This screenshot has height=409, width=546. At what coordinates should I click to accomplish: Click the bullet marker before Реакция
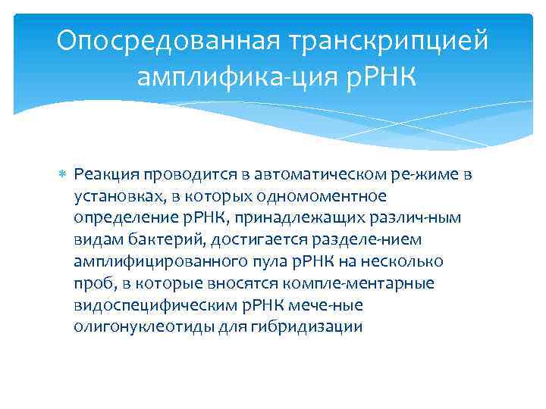[63, 176]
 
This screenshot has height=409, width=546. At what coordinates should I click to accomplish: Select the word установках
[114, 196]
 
